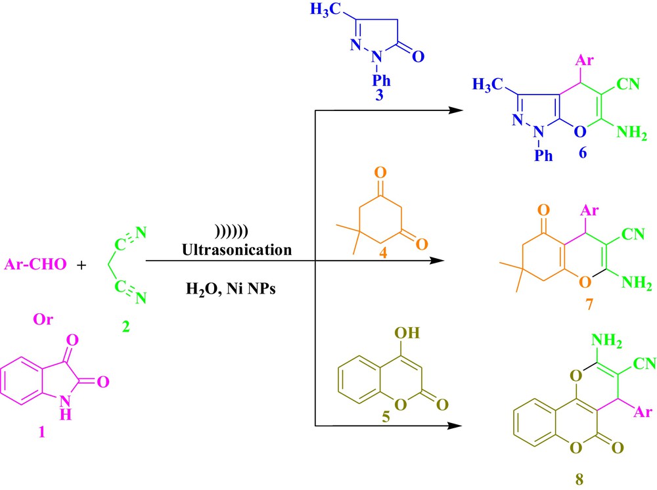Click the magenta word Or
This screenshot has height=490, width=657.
point(43,319)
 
